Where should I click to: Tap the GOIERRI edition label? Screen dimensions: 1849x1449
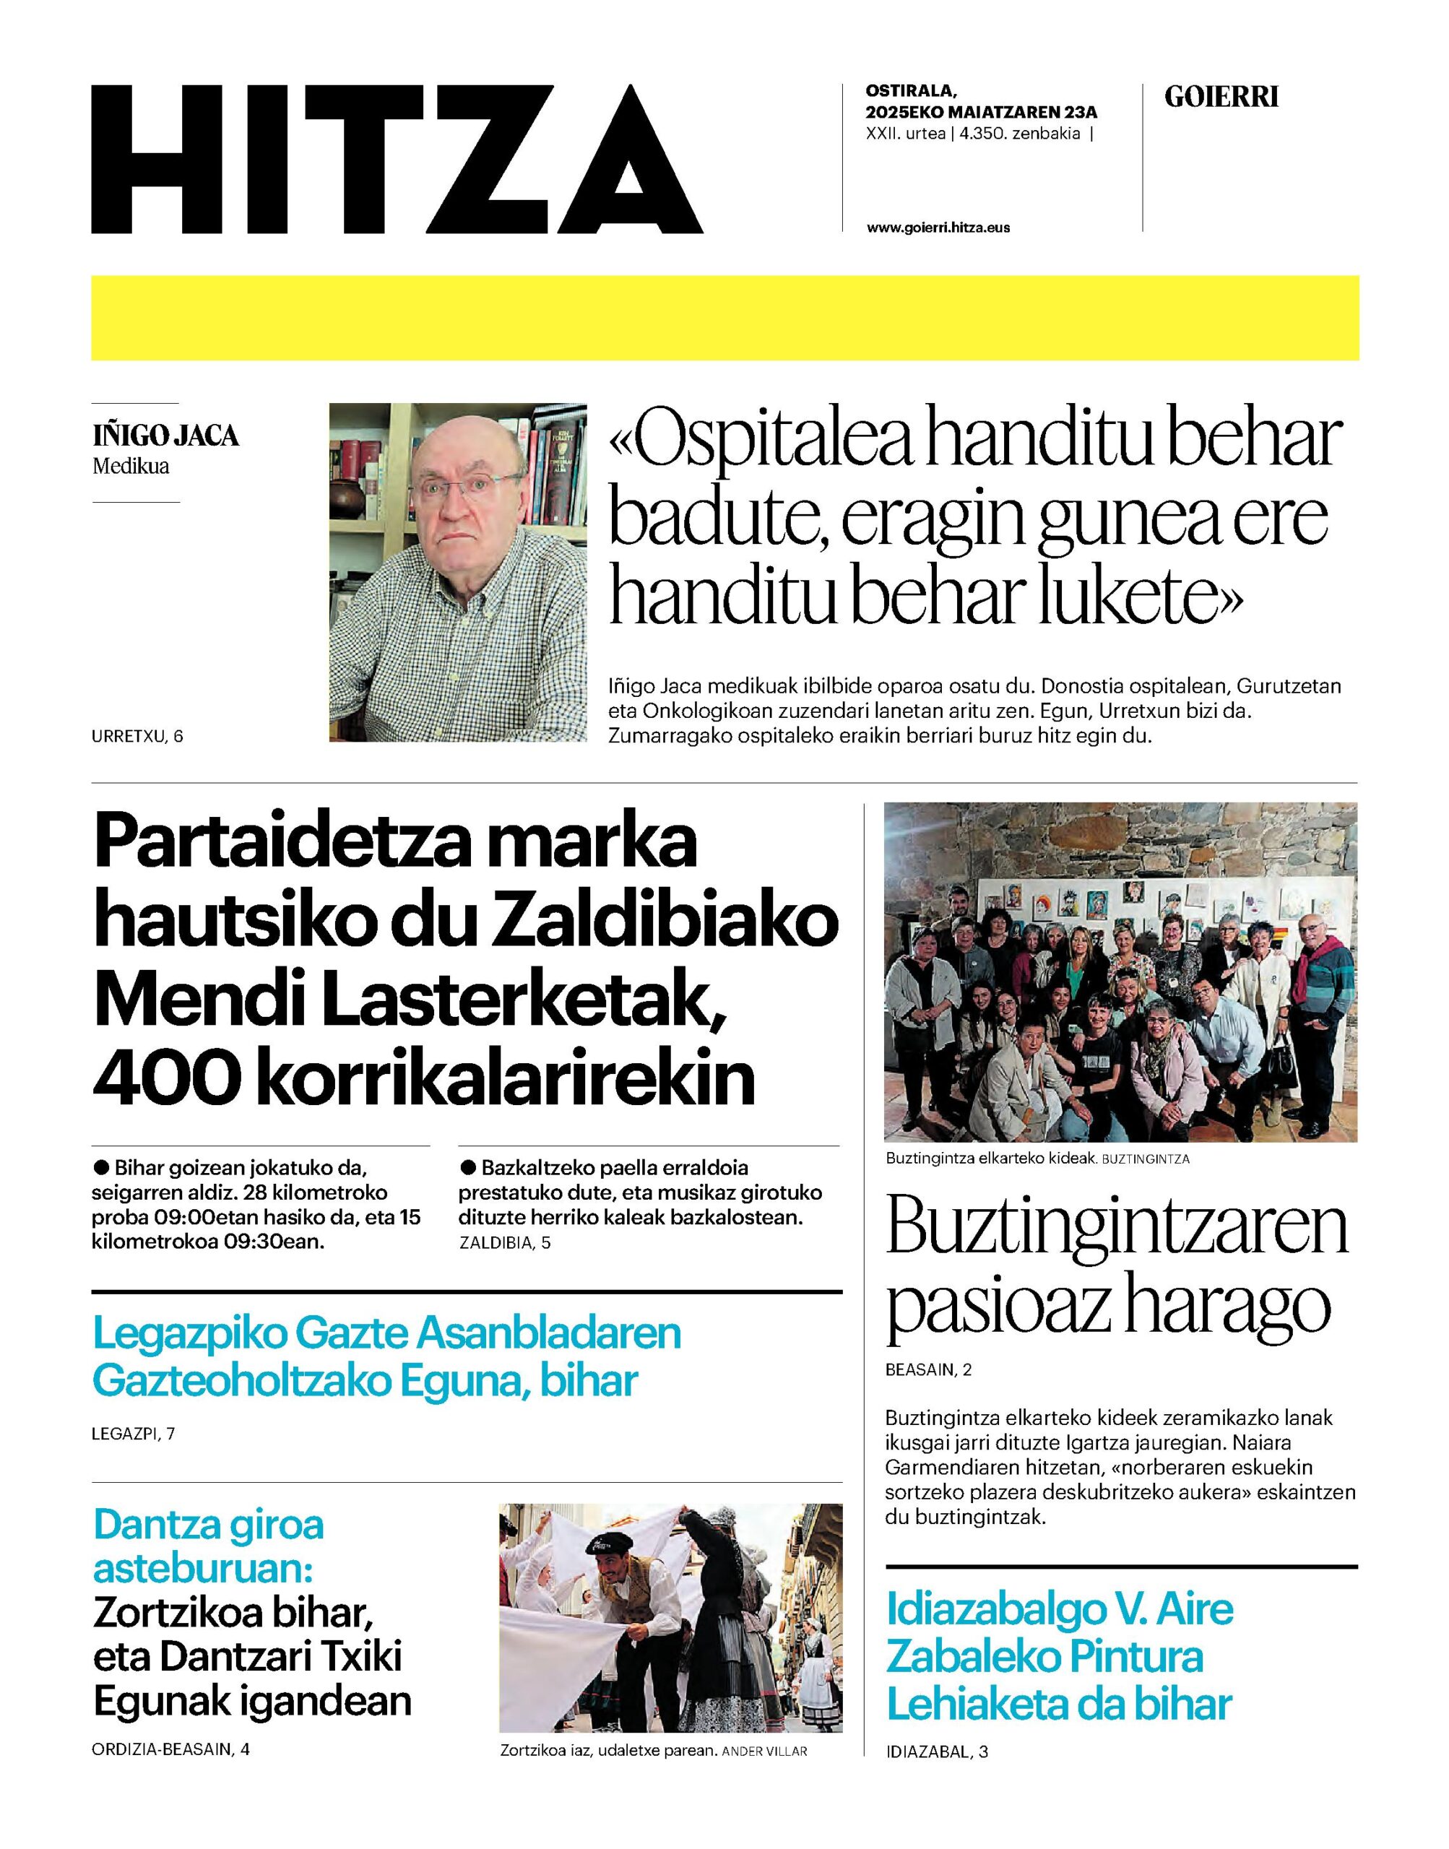tap(1221, 98)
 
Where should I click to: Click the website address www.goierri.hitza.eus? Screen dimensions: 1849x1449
tap(938, 228)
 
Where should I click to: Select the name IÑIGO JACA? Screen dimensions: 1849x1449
tap(165, 436)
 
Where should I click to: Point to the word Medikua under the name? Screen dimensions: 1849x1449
tap(131, 466)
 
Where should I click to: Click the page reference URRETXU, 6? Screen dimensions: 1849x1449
tap(137, 736)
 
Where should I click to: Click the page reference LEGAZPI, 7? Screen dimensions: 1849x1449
tap(133, 1434)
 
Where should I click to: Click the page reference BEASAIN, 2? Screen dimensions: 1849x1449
tap(928, 1369)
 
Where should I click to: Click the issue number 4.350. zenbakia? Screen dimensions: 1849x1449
tap(1020, 133)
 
